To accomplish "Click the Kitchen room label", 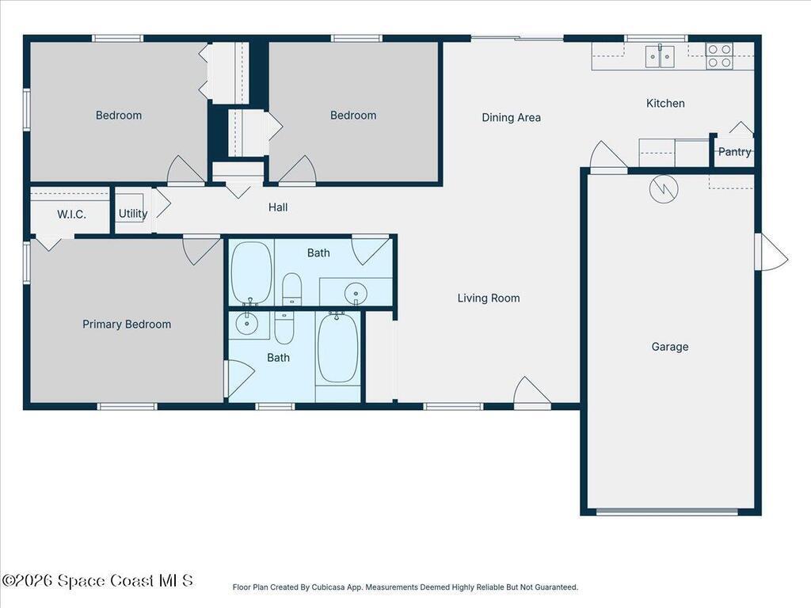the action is point(665,104).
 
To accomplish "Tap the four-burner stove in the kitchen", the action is point(719,56).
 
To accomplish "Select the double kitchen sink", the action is point(660,56).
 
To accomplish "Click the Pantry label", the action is point(734,151).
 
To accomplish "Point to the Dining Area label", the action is point(511,118).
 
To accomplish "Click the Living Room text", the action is point(488,298).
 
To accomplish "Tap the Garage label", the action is point(670,347).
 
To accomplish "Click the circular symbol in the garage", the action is point(664,189).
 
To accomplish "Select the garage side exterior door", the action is point(771,251).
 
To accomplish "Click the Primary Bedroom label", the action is point(127,324).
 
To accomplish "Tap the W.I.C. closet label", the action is point(71,215).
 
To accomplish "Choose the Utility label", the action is point(133,213).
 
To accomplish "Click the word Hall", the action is point(278,207).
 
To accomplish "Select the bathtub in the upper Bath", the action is point(251,273).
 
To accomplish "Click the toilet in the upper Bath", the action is point(291,289).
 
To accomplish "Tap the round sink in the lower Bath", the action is point(247,324).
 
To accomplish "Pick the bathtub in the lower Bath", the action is point(337,347).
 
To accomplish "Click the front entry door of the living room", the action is point(531,393).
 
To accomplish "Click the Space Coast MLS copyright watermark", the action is point(97,580).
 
